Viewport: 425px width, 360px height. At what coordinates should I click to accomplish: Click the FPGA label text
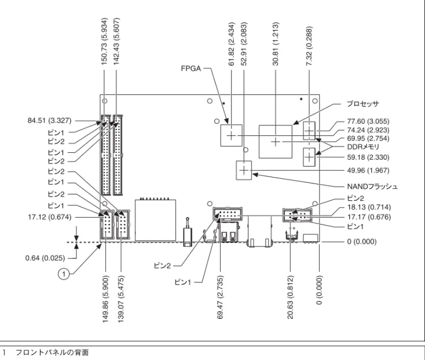pos(191,68)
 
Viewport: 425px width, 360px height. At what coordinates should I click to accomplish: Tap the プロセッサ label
pos(362,104)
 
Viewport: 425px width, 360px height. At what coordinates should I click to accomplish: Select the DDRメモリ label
pos(363,147)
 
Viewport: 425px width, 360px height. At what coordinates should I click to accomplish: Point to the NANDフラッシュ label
pos(372,186)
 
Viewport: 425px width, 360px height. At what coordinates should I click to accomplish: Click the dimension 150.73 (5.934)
pos(104,41)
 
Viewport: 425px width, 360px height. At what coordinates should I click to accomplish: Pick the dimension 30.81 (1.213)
pos(276,43)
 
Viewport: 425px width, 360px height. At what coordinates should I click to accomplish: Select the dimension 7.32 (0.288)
pos(309,46)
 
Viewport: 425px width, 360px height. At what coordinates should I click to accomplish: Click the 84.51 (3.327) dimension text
pos(49,120)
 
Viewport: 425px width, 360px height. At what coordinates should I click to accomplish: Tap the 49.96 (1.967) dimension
pos(368,170)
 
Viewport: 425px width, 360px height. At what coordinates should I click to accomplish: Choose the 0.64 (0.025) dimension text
pos(45,258)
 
